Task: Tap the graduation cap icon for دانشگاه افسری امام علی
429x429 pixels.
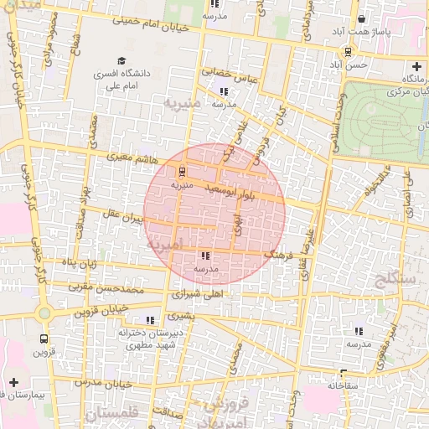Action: point(122,60)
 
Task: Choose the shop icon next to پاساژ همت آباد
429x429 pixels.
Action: point(361,18)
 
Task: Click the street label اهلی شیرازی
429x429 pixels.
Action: point(198,295)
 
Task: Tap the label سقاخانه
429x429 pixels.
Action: point(344,385)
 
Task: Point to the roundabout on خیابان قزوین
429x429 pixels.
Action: point(44,314)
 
